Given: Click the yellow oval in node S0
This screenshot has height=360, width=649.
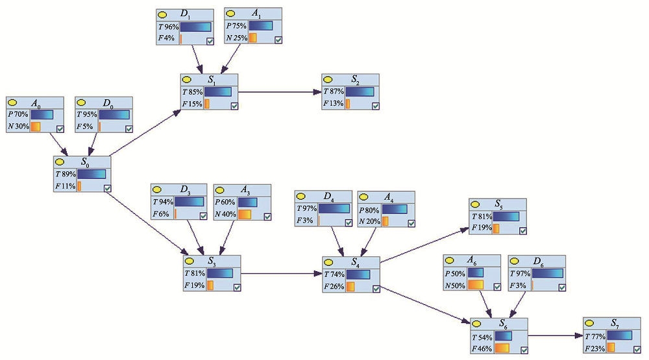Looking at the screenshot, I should [60, 162].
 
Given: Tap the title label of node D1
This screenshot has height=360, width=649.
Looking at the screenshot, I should [185, 14].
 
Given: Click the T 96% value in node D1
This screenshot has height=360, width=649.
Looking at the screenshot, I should [169, 27].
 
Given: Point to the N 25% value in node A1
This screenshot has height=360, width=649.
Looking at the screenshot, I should [236, 38].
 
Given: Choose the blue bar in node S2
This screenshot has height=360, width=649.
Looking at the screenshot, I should [360, 91].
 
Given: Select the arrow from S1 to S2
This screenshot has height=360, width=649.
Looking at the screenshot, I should [279, 92].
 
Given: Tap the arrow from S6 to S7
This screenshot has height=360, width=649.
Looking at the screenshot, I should [555, 336].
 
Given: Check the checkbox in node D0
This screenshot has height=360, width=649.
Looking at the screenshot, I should [129, 128].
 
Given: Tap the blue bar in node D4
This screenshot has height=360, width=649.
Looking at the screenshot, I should [335, 208].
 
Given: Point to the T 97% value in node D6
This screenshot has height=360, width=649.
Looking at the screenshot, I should [520, 273].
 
